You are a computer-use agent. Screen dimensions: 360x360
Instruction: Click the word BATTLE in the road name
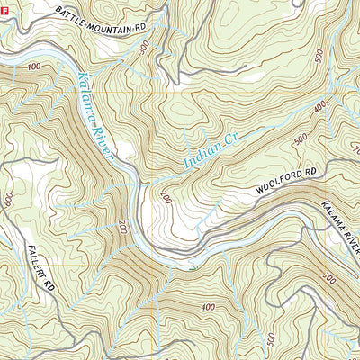70,14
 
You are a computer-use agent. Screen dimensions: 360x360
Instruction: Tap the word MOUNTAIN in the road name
108,24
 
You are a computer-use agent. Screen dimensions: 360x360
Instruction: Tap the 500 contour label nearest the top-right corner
319,56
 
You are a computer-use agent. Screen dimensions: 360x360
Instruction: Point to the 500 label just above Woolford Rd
300,140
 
